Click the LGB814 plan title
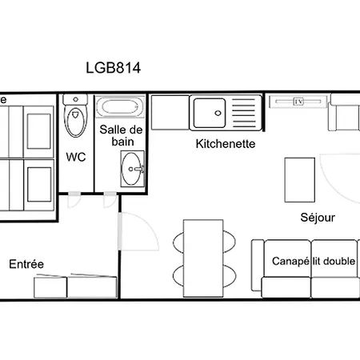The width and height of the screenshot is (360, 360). tap(113, 68)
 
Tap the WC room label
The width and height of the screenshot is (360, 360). tap(76, 157)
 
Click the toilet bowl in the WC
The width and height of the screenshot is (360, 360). tap(76, 122)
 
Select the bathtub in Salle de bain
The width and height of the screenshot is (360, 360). tap(120, 106)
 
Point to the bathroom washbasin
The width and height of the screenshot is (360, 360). tap(131, 169)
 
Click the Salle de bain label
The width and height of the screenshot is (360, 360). tap(122, 135)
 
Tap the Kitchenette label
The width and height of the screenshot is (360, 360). tap(226, 144)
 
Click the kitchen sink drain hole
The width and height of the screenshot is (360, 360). tap(218, 113)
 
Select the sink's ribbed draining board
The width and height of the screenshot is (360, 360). tap(244, 113)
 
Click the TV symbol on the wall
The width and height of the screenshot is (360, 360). tap(298, 102)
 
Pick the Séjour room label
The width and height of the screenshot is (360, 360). tap(318, 218)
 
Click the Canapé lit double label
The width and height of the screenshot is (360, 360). tap(314, 261)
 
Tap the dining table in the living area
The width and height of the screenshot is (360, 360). tap(203, 258)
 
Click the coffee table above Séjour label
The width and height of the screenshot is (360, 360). tap(300, 180)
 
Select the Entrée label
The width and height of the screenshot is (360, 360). tap(26, 264)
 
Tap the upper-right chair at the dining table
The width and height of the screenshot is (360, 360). tap(230, 242)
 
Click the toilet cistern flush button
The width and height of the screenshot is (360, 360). tap(76, 99)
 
